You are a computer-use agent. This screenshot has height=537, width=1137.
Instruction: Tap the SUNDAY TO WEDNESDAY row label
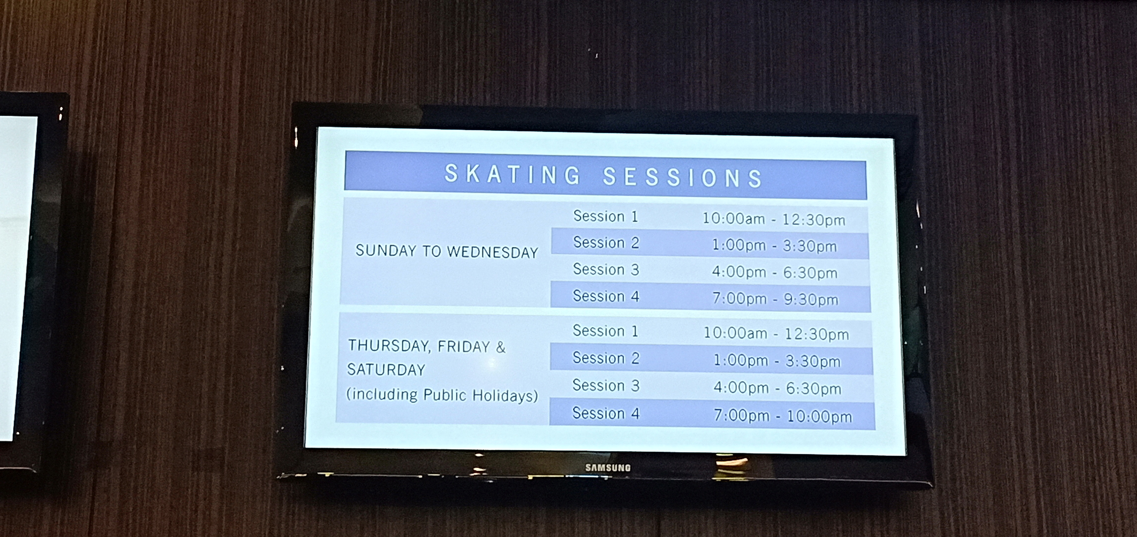(x=447, y=251)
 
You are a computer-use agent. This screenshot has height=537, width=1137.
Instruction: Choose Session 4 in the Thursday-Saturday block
(x=606, y=413)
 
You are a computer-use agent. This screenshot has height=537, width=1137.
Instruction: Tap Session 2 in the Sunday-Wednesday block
(x=606, y=242)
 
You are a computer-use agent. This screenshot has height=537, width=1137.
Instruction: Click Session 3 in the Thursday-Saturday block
(x=606, y=385)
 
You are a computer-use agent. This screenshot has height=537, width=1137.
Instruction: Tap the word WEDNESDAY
(x=493, y=252)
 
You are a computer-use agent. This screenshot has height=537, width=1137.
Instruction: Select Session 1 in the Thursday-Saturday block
(x=605, y=331)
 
